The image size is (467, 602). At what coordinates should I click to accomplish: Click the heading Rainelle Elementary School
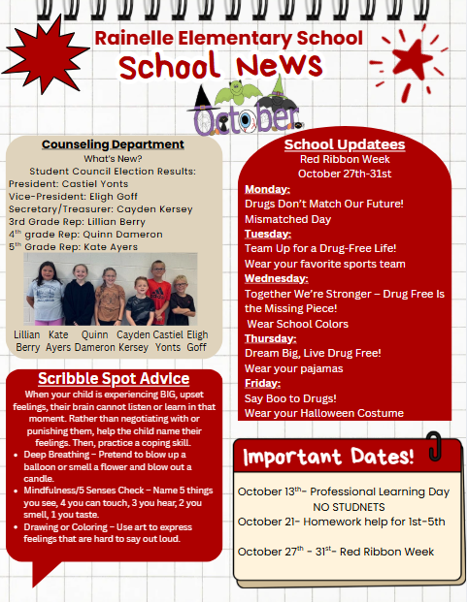click(229, 39)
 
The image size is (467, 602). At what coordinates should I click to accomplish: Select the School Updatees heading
click(344, 144)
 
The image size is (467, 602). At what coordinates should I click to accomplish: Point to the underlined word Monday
click(267, 188)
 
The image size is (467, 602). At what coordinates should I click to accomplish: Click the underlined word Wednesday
click(276, 277)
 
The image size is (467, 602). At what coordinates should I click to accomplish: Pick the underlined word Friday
click(262, 383)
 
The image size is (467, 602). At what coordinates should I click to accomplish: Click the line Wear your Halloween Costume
click(323, 413)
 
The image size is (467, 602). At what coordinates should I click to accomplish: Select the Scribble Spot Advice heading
click(113, 378)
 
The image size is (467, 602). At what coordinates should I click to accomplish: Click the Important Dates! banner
click(328, 456)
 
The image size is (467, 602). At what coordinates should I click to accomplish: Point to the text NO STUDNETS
click(348, 506)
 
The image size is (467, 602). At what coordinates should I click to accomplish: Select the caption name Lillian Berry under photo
click(28, 340)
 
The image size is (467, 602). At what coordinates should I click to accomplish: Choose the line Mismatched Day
click(289, 219)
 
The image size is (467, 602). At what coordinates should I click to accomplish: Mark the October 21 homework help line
click(341, 522)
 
